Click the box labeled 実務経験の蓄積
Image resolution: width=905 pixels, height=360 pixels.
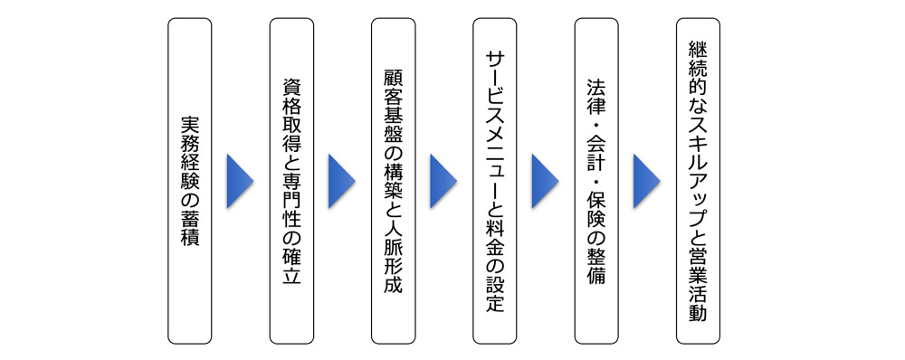[190, 181]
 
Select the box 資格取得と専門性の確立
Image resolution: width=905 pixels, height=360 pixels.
[291, 181]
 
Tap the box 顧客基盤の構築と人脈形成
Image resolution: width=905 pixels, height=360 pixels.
[394, 181]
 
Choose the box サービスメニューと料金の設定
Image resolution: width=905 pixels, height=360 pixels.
[495, 181]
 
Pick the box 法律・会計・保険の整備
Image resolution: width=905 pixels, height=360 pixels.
[596, 181]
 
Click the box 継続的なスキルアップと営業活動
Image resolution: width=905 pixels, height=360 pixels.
[699, 181]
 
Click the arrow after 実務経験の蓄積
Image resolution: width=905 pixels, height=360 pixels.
[241, 181]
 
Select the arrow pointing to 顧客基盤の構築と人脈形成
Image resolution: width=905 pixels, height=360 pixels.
[342, 181]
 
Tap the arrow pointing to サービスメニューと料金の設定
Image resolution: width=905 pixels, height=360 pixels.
[444, 181]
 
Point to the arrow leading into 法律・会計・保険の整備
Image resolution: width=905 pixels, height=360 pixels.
[546, 181]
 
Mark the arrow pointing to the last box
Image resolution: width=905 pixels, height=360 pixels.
[647, 181]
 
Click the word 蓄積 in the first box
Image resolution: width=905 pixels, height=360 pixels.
[190, 228]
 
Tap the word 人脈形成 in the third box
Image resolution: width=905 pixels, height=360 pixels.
[394, 255]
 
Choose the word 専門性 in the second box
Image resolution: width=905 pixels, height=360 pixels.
[291, 194]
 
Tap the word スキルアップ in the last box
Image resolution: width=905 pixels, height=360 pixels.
[699, 172]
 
